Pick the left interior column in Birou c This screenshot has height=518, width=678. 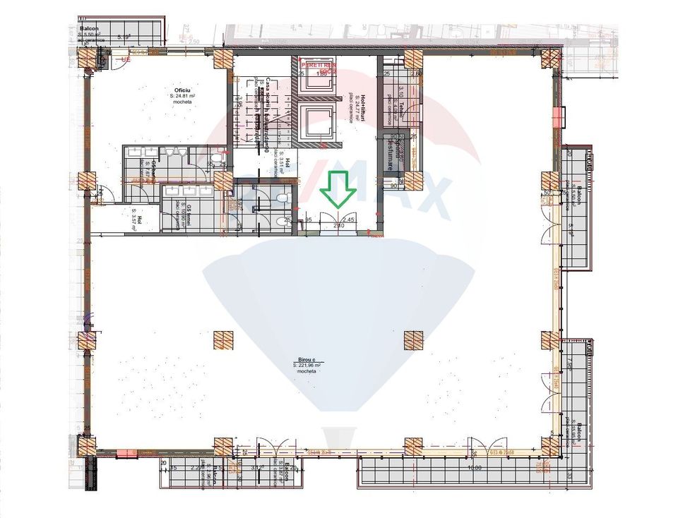224,341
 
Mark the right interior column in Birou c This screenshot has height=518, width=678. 414,341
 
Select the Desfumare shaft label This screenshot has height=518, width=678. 389,153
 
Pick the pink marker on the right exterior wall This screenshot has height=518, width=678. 558,117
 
